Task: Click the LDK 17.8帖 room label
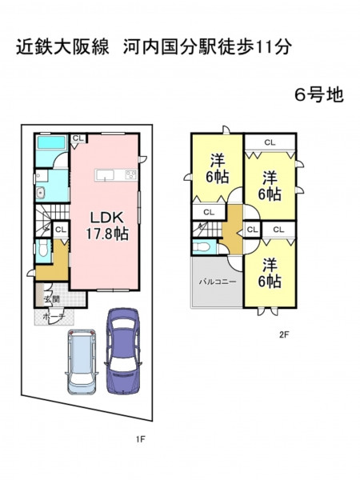(106, 226)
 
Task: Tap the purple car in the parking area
(123, 350)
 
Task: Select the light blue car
(82, 361)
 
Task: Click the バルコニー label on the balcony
(218, 282)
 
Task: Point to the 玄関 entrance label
(52, 299)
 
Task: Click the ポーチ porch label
(54, 317)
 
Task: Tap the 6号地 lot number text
(319, 94)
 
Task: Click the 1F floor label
(141, 439)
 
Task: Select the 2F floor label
(284, 334)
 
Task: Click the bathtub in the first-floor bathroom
(51, 142)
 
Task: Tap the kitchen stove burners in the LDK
(131, 174)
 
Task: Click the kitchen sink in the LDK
(105, 175)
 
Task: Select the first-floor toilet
(42, 248)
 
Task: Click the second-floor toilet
(202, 246)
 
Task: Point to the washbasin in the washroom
(41, 193)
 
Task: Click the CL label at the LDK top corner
(78, 138)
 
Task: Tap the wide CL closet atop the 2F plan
(270, 142)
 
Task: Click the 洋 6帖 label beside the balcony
(270, 273)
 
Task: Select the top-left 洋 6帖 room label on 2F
(218, 169)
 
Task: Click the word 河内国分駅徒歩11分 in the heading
(206, 47)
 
